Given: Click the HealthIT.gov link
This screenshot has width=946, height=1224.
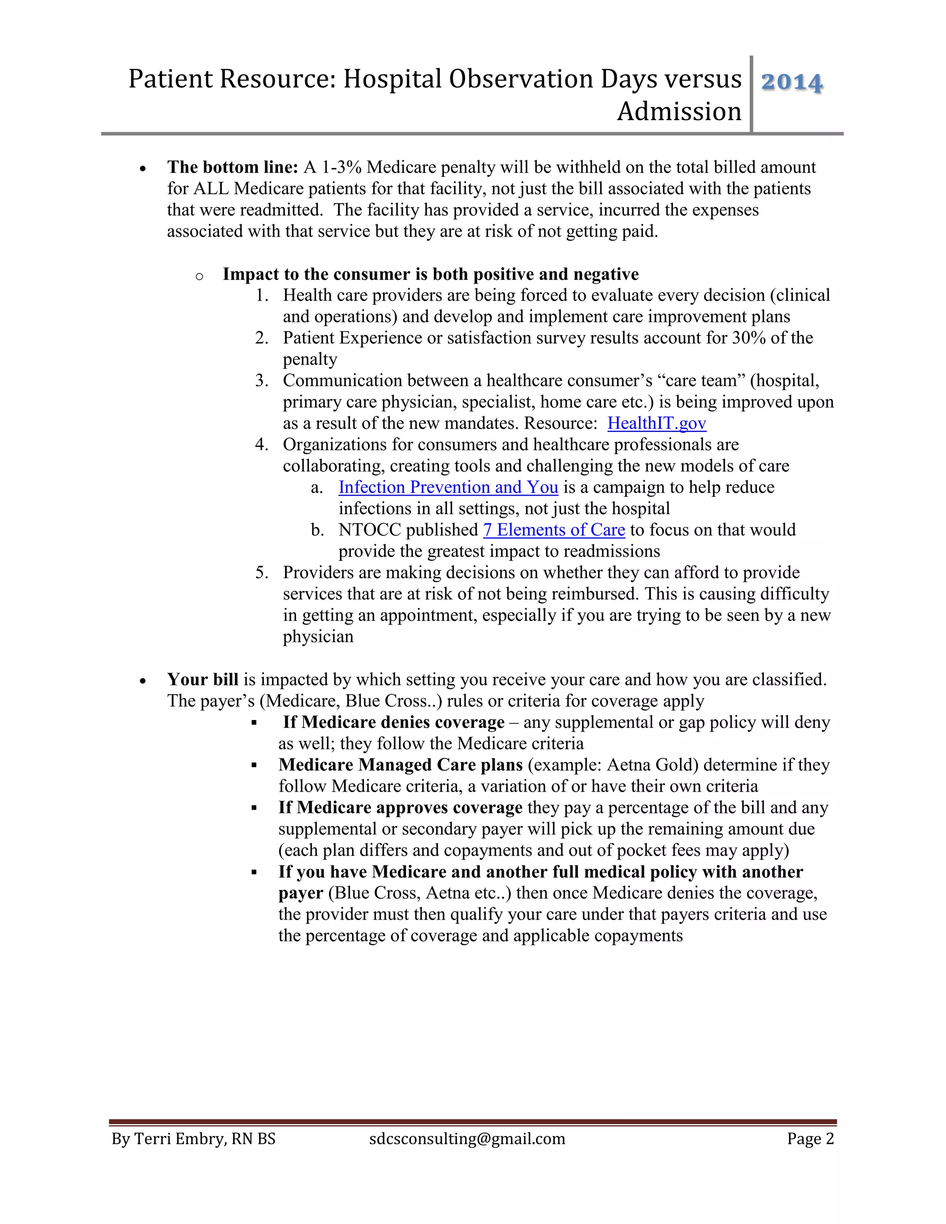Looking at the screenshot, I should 656,423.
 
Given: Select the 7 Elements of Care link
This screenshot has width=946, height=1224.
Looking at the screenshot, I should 554,530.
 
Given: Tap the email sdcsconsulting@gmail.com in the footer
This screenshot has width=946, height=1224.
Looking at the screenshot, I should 467,1139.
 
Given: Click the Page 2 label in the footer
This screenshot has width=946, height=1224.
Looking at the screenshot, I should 810,1139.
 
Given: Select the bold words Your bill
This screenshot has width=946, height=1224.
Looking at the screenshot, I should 202,679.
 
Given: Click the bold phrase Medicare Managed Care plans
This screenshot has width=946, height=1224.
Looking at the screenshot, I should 400,765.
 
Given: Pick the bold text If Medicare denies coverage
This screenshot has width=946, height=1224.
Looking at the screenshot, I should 394,722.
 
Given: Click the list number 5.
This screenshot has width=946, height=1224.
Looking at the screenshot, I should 261,573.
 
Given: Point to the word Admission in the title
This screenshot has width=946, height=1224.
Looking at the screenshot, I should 679,111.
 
